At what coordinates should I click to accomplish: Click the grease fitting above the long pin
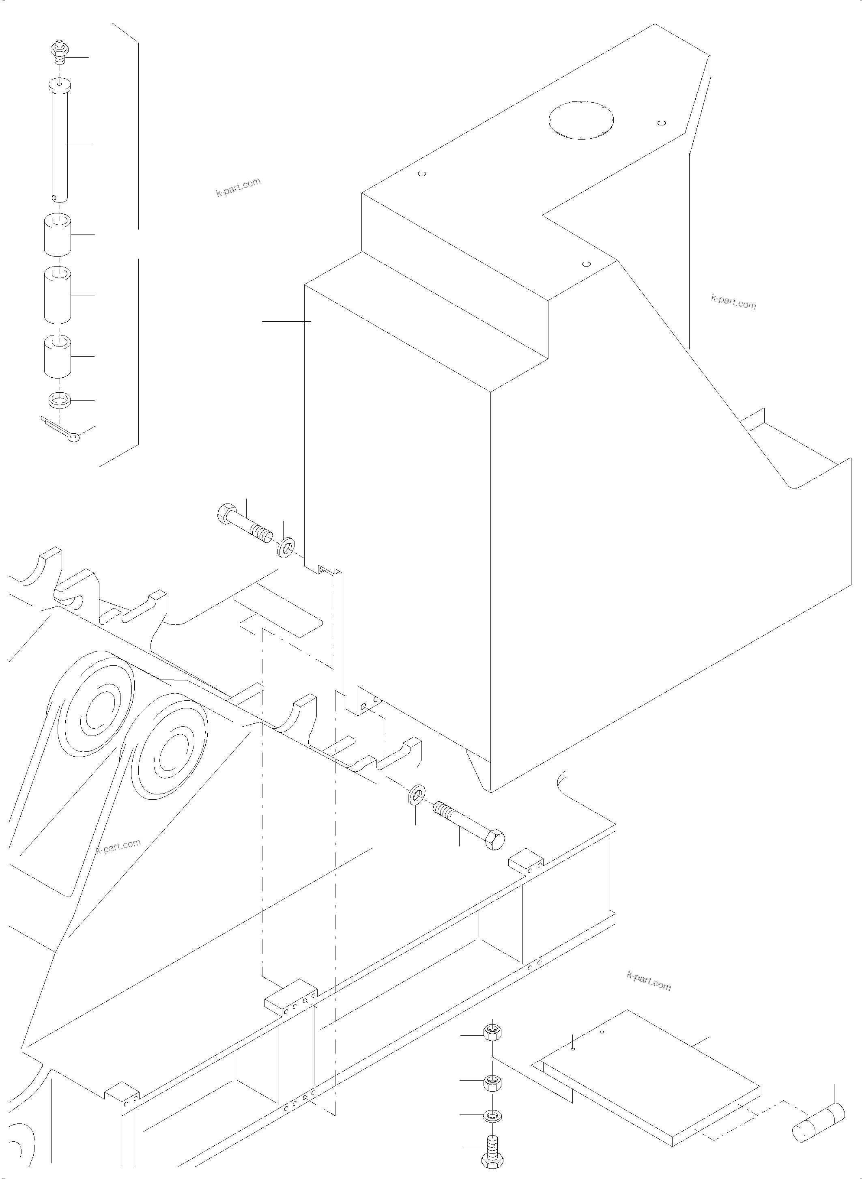(x=60, y=54)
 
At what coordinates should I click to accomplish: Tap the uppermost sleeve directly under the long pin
(x=57, y=235)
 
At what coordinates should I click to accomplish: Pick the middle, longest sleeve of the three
(x=57, y=296)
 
